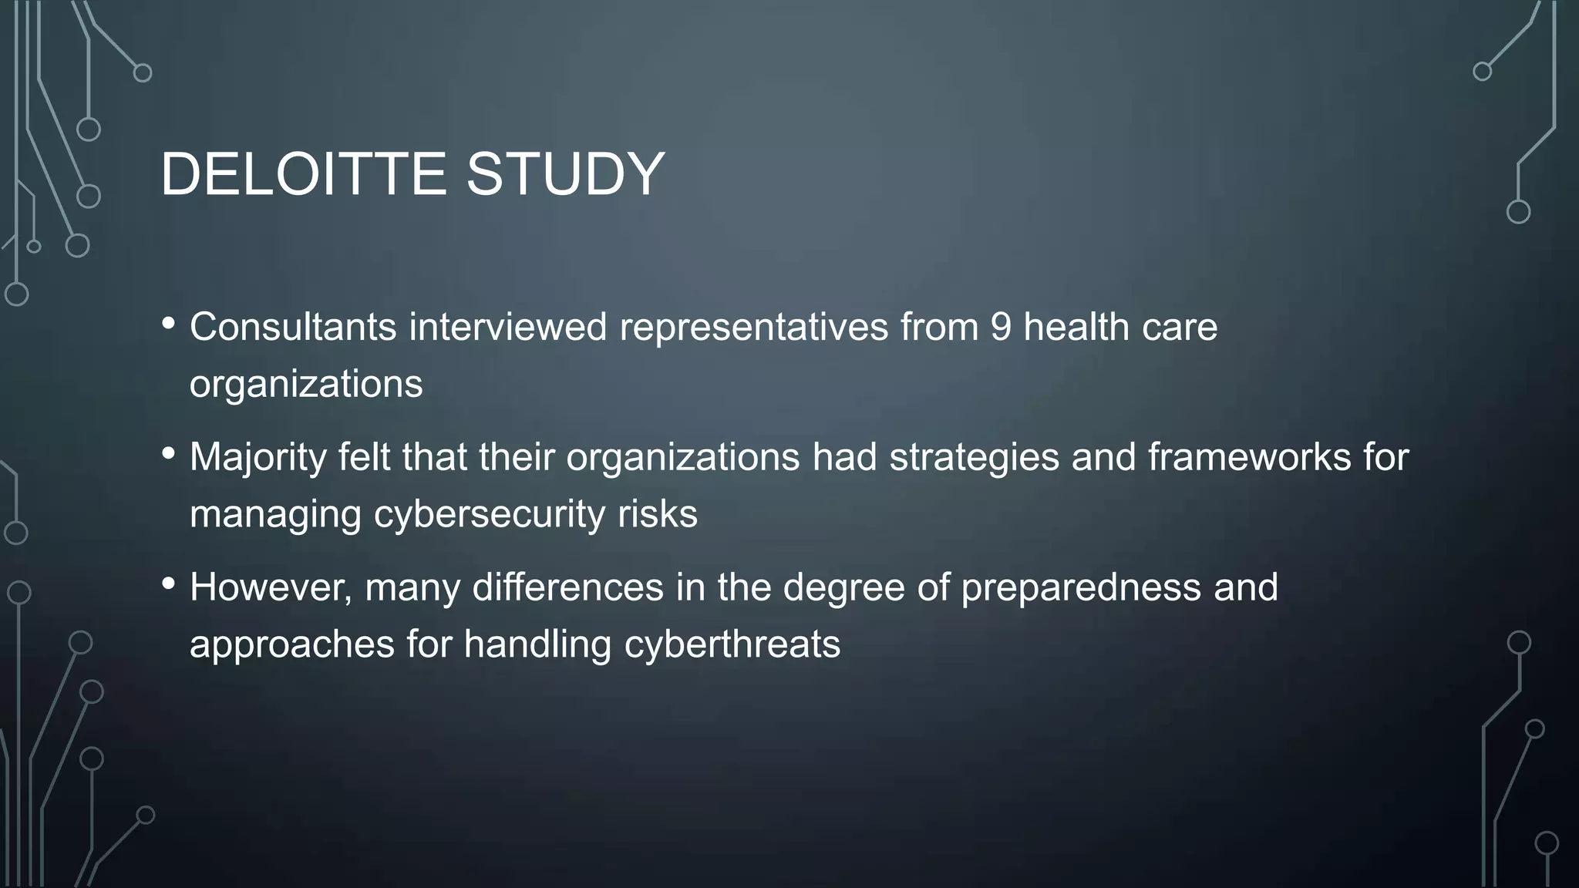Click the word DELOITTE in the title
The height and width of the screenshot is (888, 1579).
[x=303, y=174]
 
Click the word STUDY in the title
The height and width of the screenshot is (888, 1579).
[x=565, y=174]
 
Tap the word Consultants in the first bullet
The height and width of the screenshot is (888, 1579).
[x=293, y=327]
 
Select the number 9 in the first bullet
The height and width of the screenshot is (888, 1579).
[x=1000, y=327]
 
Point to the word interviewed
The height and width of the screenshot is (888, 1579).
[x=508, y=327]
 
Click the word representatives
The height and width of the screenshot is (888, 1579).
[x=754, y=328]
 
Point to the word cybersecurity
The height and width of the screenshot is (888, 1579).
[x=490, y=515]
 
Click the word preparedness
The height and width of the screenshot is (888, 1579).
[x=1081, y=589]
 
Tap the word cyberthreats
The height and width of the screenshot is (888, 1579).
[x=732, y=644]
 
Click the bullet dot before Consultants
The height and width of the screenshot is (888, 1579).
[x=169, y=324]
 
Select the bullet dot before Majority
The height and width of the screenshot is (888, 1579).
[x=169, y=454]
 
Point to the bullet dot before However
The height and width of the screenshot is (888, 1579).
[x=169, y=584]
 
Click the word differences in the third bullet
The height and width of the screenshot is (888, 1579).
[x=567, y=587]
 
